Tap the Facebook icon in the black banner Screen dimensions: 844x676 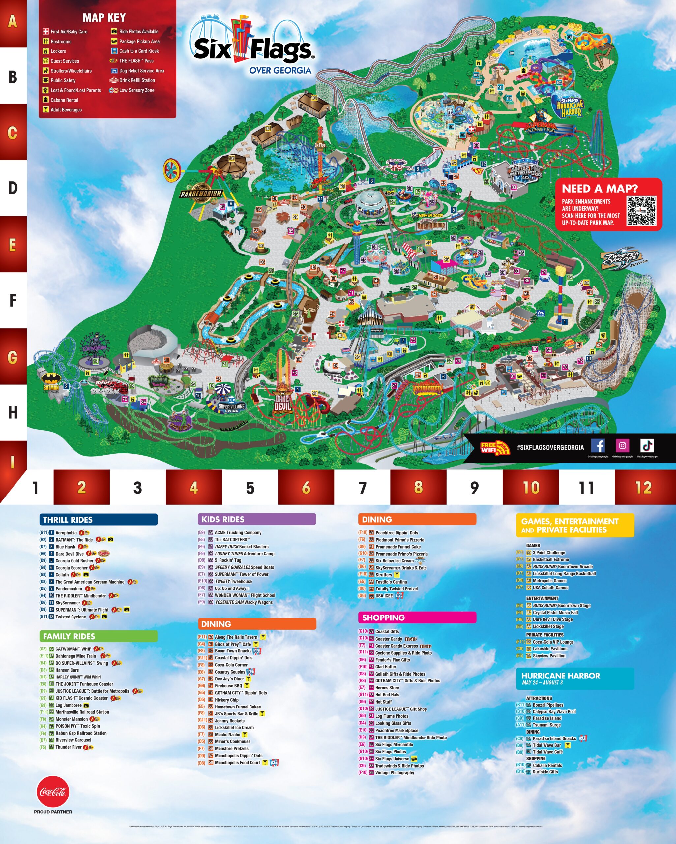(x=598, y=445)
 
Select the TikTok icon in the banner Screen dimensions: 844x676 (x=647, y=445)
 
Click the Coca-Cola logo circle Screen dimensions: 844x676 (x=53, y=792)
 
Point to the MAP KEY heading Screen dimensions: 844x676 (x=104, y=17)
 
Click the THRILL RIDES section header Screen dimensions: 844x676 (x=98, y=520)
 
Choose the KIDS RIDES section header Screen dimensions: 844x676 (x=256, y=519)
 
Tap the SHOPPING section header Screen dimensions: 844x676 (x=417, y=618)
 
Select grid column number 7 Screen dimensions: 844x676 (x=363, y=487)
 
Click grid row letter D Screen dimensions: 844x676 (x=13, y=188)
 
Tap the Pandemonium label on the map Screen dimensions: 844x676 (x=201, y=194)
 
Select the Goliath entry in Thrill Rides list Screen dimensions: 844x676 (x=62, y=575)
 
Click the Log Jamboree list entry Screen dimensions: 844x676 (x=69, y=705)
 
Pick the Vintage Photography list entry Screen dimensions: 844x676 (x=394, y=773)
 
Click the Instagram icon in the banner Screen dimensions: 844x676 (x=622, y=445)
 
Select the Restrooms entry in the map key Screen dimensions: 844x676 (x=61, y=42)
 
